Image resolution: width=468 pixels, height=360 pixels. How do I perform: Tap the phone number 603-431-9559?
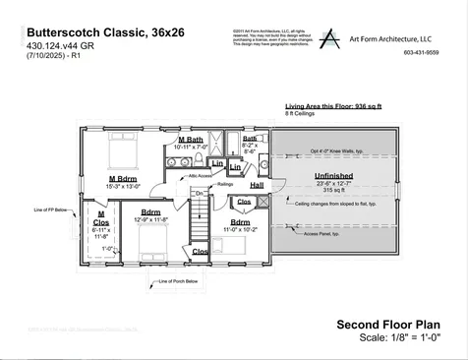(x=420, y=52)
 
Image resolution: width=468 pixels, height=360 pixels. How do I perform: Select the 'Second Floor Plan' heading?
(x=387, y=324)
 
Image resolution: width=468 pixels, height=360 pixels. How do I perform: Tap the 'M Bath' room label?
(x=192, y=141)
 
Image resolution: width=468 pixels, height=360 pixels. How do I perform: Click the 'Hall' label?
(x=257, y=184)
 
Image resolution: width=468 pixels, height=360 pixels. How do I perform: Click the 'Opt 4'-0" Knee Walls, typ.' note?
(x=338, y=151)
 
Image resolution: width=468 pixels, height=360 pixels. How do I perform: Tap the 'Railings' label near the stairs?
(x=225, y=183)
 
